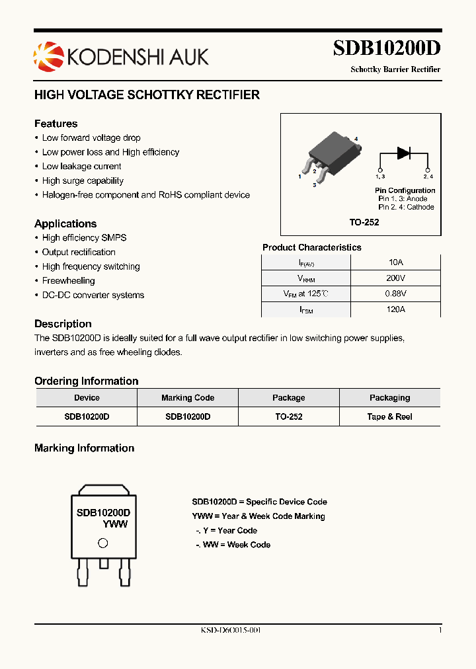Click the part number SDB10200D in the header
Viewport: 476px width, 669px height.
[386, 49]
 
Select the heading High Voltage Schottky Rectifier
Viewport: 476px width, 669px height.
[147, 95]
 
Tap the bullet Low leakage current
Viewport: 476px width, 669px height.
[81, 167]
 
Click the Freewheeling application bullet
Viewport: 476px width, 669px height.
[68, 281]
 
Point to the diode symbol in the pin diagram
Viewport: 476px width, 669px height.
[403, 153]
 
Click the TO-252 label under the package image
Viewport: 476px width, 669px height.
[364, 223]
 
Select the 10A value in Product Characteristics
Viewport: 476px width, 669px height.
[395, 262]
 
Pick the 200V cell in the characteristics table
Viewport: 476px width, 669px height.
[395, 278]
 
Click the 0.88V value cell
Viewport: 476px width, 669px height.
[395, 294]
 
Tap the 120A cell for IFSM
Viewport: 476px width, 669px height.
[395, 309]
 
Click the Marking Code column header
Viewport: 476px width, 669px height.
[188, 398]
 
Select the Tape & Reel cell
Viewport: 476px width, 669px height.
[389, 417]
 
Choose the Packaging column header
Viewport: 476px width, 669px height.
[389, 398]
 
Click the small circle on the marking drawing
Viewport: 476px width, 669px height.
[102, 543]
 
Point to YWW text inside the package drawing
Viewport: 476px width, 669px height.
[114, 524]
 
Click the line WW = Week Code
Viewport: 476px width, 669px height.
[233, 545]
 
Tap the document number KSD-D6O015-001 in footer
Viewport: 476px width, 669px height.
[231, 631]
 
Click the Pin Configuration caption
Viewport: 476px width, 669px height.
[405, 190]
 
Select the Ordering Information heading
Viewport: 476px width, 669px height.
[87, 381]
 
